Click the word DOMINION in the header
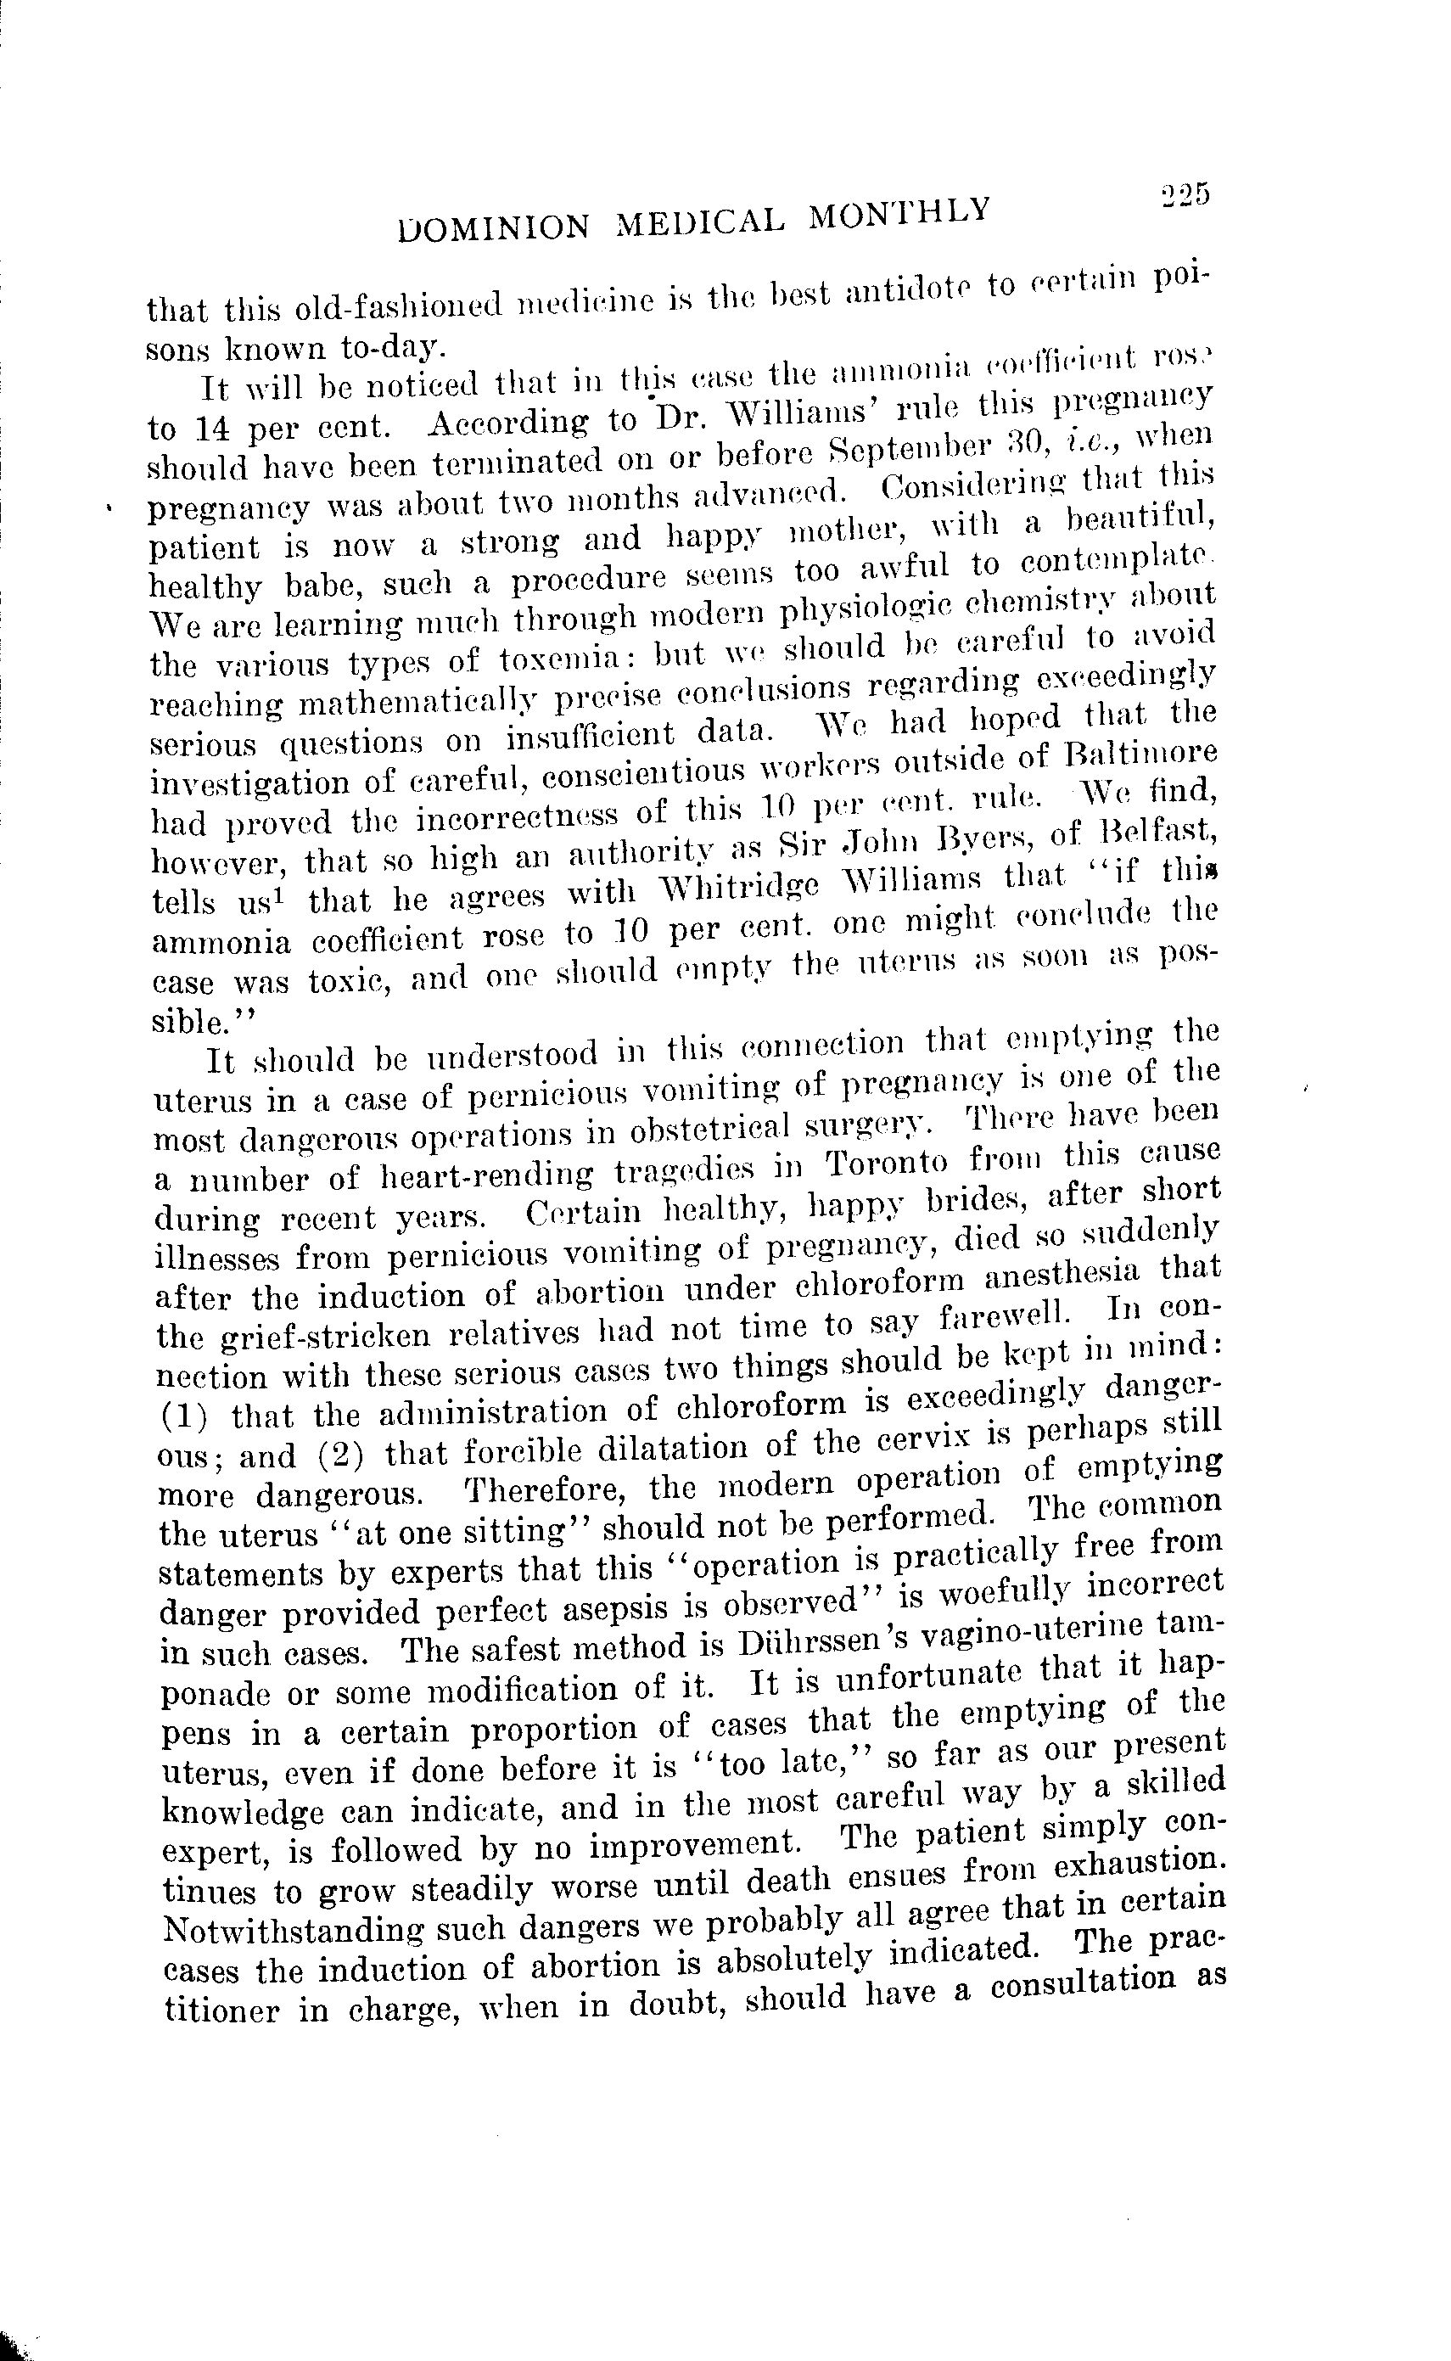pyautogui.click(x=496, y=227)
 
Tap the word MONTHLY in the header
pyautogui.click(x=899, y=213)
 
